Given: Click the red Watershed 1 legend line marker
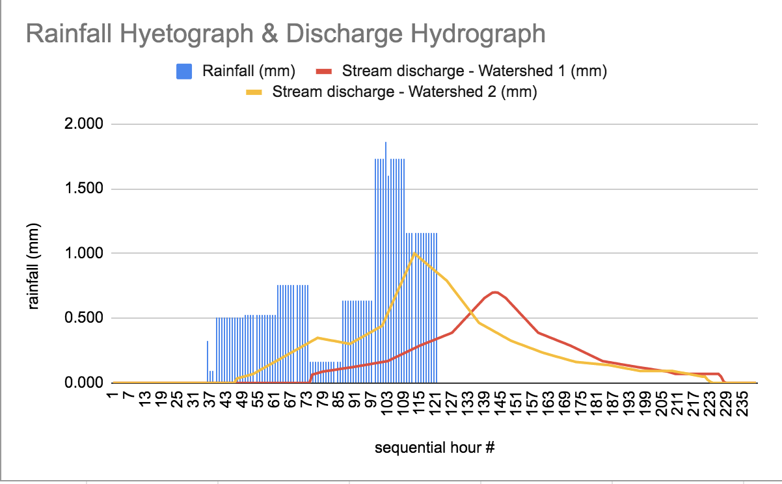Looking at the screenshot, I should tap(325, 72).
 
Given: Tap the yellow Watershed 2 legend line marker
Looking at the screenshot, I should tap(255, 92).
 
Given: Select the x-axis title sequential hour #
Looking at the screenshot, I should tap(435, 448).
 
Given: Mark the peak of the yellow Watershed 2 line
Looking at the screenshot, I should tap(414, 253).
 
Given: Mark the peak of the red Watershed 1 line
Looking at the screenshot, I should tap(494, 292).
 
